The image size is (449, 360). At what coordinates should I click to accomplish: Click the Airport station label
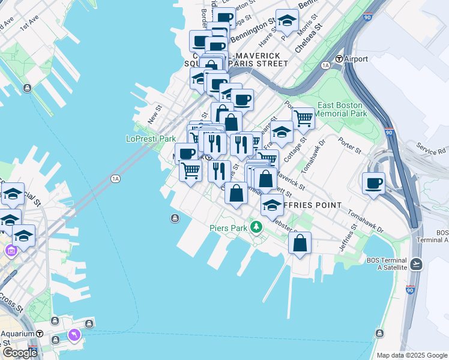pos(357,59)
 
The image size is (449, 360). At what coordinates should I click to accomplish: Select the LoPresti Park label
pos(150,139)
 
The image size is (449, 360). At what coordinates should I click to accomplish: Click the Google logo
pos(20,353)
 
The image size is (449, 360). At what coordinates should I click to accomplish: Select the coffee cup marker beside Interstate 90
pos(373,182)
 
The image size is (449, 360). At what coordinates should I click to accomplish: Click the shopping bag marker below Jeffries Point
pos(300,244)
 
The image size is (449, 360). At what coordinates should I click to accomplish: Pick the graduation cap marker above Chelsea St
pos(287,20)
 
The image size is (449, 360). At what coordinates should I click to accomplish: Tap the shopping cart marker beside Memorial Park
pos(303,118)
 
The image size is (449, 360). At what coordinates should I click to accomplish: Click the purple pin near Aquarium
pos(74,334)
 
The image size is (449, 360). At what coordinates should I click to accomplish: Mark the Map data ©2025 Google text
pos(412,355)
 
